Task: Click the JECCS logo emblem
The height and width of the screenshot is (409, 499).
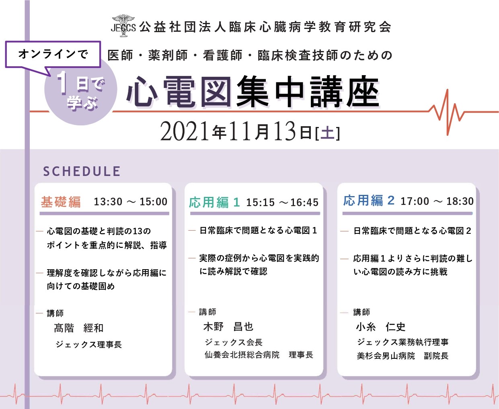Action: tap(123, 26)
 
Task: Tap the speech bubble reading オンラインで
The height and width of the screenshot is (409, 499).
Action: tap(53, 55)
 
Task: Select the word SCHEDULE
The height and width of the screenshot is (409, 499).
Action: tap(82, 171)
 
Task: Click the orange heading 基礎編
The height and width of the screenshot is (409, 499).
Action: tap(61, 202)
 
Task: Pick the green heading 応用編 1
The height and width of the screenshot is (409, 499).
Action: tap(214, 202)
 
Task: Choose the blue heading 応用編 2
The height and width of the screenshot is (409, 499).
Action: tap(369, 201)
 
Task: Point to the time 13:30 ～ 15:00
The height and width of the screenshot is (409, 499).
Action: tap(131, 202)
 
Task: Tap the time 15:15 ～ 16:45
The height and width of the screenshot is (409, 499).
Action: tap(282, 202)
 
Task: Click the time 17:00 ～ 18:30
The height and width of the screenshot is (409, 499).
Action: tap(437, 201)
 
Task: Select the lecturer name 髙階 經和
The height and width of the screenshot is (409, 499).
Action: tap(79, 328)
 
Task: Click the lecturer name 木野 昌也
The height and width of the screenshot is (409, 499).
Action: tap(228, 327)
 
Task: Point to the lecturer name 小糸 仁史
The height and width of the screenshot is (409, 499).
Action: tap(381, 327)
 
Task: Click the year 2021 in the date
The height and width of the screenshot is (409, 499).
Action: tap(184, 131)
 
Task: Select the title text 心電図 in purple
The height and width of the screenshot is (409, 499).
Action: tap(179, 92)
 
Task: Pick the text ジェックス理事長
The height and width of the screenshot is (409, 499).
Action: tap(89, 344)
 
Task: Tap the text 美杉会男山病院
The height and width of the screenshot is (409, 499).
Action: tap(386, 356)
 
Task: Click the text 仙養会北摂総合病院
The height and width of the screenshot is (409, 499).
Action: tap(242, 355)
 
